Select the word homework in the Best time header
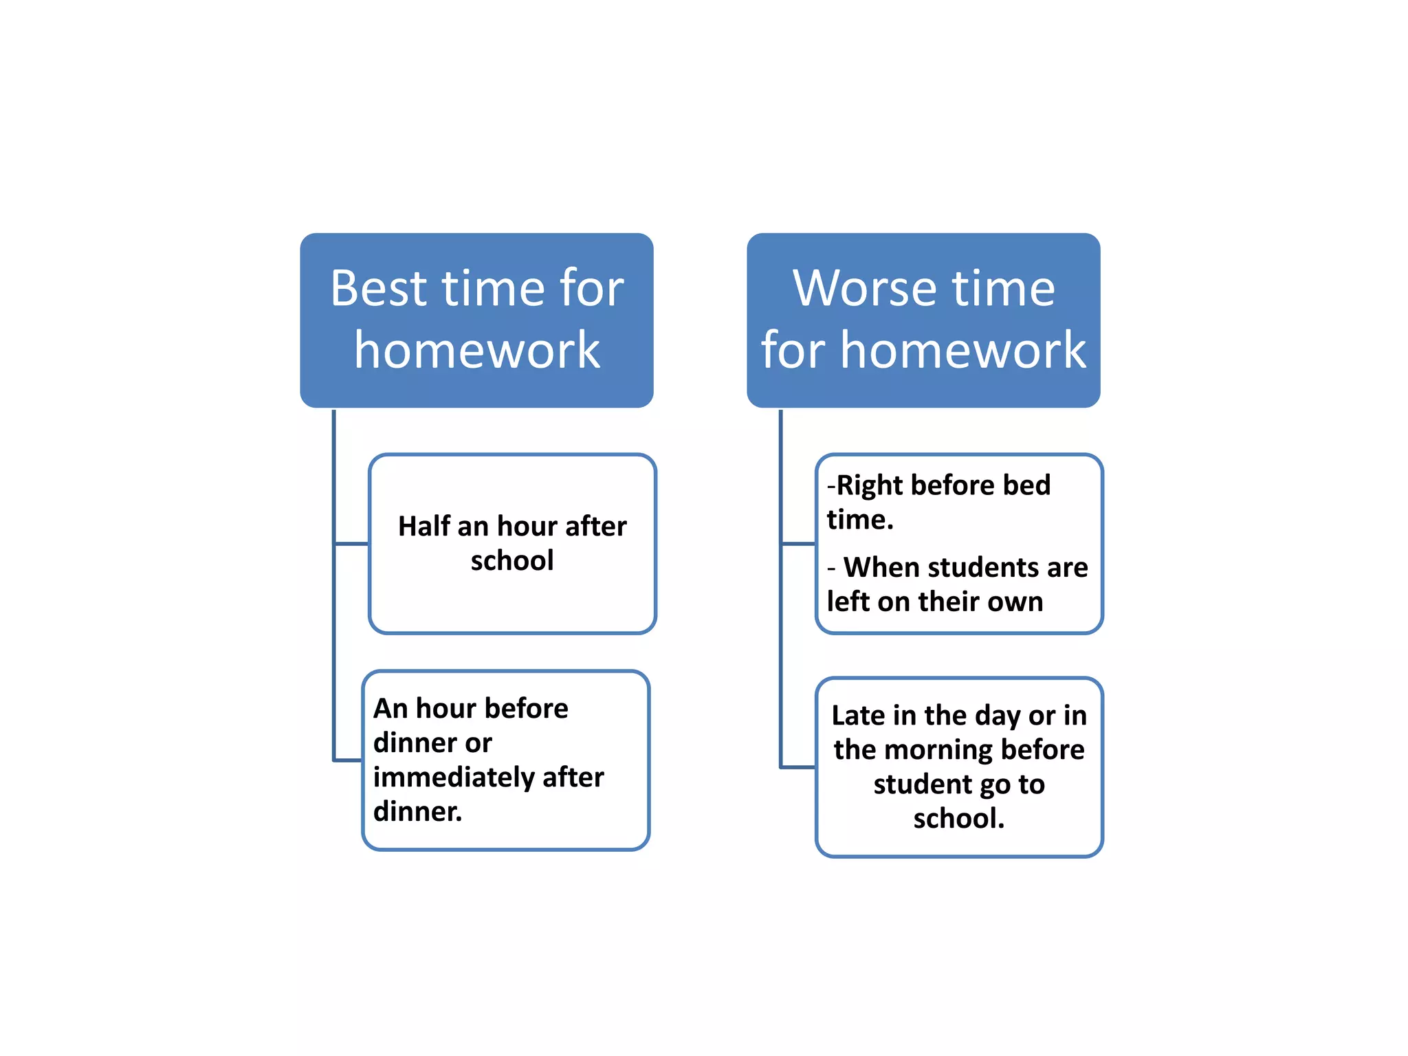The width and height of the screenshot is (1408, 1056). [477, 350]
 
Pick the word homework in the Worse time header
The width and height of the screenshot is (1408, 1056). [963, 350]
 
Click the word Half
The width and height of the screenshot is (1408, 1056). [423, 527]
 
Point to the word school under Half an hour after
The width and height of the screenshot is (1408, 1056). [512, 561]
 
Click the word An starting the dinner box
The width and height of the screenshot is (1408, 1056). [390, 709]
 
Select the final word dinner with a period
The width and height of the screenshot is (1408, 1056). [417, 812]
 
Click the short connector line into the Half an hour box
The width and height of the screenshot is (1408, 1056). [351, 544]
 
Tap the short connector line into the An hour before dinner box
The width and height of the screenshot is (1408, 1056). [348, 760]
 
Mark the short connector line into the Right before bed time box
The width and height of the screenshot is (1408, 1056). [798, 544]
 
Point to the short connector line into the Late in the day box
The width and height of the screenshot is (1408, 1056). [798, 767]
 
